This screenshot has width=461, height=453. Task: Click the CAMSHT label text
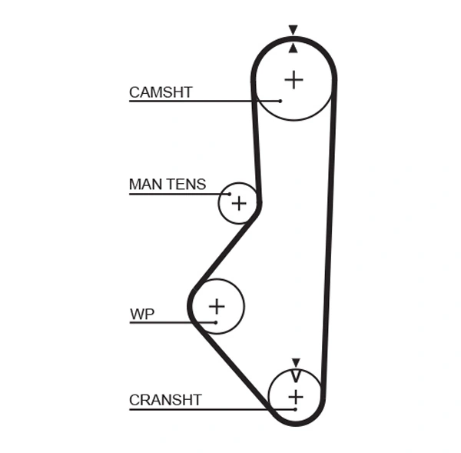point(161,92)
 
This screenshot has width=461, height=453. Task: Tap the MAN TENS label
point(167,185)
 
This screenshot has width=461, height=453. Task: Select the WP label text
point(142,314)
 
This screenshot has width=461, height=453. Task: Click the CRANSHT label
point(165,400)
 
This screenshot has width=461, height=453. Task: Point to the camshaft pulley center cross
point(294,79)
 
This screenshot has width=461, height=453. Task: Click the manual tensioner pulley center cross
point(239,203)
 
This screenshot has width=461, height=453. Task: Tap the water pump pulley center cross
point(217,306)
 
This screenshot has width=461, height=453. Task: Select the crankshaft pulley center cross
point(296,397)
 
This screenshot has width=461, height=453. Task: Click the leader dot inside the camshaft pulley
point(281,101)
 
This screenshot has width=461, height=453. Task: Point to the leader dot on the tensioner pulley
point(229,193)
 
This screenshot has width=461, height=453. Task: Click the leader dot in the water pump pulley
point(216,321)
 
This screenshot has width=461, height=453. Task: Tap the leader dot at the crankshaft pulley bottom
point(295,408)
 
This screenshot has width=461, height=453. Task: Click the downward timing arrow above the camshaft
point(293,30)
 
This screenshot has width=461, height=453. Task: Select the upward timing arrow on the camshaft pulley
point(293,48)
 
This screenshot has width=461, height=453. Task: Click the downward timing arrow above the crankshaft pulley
point(296,362)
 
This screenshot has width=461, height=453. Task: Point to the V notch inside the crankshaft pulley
point(296,377)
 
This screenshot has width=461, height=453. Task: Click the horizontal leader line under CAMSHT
point(192,101)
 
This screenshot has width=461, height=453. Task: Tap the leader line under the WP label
point(169,321)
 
